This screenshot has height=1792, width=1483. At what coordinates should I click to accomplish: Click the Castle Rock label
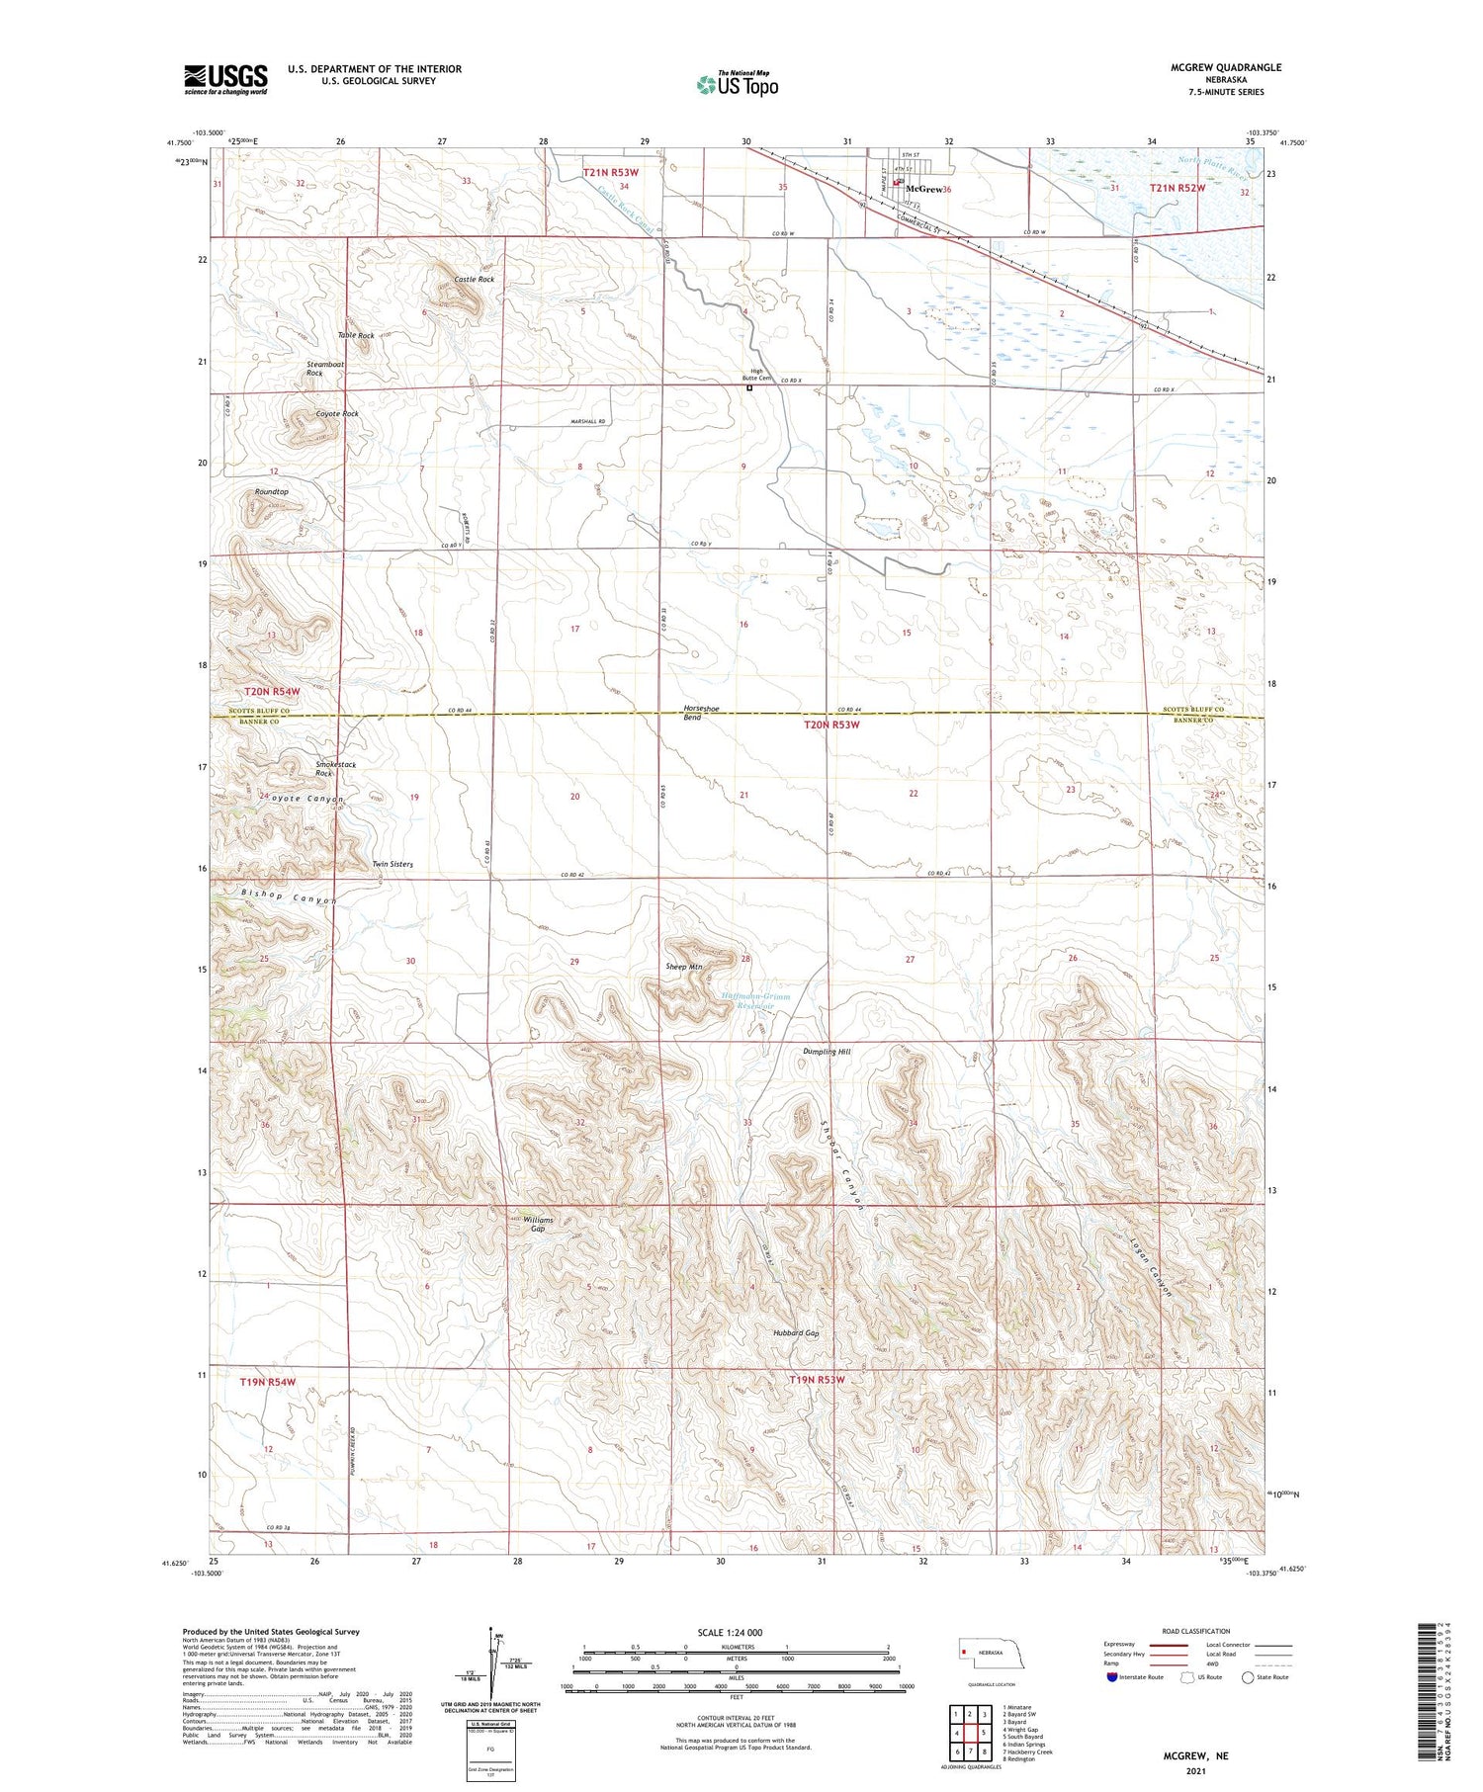[474, 280]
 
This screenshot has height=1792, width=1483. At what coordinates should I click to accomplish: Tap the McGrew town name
[924, 189]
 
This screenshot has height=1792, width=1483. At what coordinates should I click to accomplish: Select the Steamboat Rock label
[324, 369]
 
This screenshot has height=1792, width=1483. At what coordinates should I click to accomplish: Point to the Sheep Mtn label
[684, 967]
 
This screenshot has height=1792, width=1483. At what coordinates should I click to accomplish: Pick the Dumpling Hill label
[827, 1052]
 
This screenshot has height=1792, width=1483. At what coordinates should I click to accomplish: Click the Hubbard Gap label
[796, 1333]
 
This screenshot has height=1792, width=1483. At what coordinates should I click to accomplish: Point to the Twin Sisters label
[393, 864]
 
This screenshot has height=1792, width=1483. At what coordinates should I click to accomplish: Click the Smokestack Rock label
[335, 769]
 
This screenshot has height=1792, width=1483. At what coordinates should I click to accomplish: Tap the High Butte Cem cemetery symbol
[749, 388]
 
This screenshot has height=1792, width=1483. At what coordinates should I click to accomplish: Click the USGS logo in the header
[225, 79]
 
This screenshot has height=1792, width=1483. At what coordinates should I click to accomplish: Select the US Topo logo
[738, 84]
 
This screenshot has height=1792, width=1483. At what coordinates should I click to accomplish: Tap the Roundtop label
[272, 491]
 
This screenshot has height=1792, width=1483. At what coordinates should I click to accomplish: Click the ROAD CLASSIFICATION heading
[1196, 1631]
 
